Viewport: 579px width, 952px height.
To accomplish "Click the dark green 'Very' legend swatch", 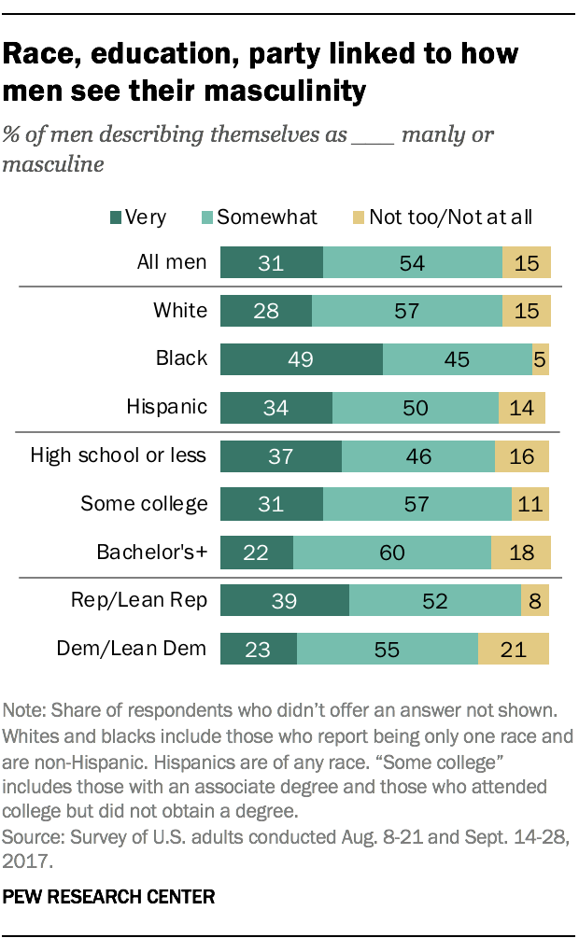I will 116,217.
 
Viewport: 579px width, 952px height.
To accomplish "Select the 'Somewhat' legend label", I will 266,217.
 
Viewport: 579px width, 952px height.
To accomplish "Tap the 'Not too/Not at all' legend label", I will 450,217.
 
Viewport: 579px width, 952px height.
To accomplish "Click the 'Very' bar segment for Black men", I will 301,359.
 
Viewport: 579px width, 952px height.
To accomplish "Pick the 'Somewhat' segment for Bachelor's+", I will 392,553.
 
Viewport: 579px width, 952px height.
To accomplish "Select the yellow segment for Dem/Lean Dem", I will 514,649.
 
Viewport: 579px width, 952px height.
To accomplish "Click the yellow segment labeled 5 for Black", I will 539,359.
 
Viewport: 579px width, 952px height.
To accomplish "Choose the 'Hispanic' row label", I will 166,408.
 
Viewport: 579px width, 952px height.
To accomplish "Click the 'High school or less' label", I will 119,456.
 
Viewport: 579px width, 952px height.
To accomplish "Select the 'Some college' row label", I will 144,504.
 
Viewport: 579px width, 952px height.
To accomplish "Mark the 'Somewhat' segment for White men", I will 406,311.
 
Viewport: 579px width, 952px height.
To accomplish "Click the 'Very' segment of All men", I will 271,263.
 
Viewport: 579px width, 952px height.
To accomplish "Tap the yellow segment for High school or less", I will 522,456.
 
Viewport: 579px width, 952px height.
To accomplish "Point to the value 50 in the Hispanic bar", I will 415,408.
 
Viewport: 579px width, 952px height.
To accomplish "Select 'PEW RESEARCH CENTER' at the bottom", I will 110,897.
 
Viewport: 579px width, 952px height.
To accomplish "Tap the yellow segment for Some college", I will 530,504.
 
